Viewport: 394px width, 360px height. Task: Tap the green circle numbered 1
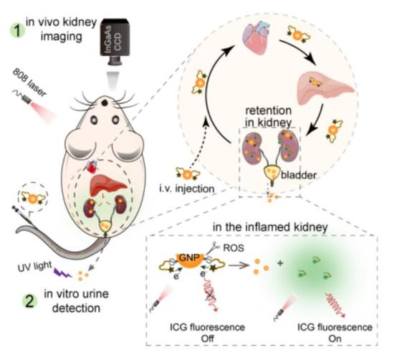point(17,31)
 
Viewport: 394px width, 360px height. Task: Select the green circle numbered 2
point(30,301)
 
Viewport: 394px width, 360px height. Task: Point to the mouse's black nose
point(105,103)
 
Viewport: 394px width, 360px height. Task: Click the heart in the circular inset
point(256,37)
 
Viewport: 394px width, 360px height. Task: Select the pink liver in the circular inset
point(325,87)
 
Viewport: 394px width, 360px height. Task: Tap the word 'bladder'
point(299,174)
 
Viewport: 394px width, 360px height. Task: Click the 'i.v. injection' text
point(187,189)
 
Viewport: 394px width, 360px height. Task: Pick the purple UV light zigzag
point(62,273)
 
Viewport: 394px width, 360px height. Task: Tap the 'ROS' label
point(234,247)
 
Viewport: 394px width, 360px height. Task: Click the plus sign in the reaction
point(280,263)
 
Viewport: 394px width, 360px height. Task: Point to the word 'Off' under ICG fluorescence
point(207,338)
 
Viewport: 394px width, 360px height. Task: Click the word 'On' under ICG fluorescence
point(335,338)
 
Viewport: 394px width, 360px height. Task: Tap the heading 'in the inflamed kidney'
point(270,227)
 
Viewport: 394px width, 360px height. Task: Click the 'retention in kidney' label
point(269,117)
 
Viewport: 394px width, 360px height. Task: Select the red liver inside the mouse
point(108,185)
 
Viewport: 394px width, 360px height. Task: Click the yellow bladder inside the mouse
point(106,226)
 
